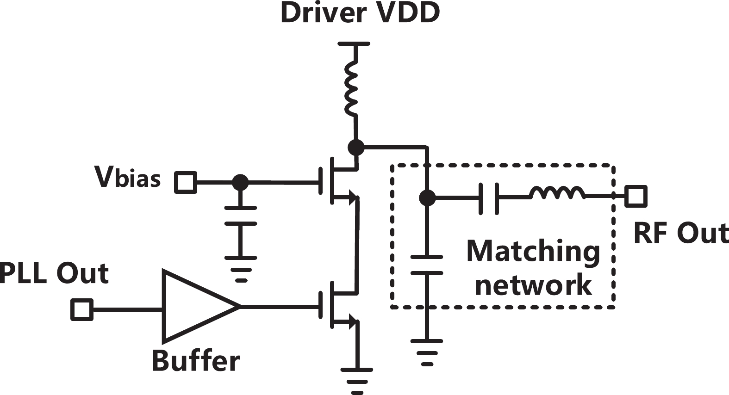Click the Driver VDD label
tap(360, 12)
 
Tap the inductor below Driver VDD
tap(351, 90)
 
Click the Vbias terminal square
tap(186, 182)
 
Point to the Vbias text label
tap(127, 177)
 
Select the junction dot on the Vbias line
tap(240, 182)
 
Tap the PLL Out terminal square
tap(82, 309)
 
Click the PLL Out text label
tap(54, 273)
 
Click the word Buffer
tap(196, 361)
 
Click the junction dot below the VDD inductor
tap(355, 148)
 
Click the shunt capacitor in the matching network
tap(427, 265)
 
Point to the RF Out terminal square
tap(636, 196)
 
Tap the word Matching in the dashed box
tap(533, 252)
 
